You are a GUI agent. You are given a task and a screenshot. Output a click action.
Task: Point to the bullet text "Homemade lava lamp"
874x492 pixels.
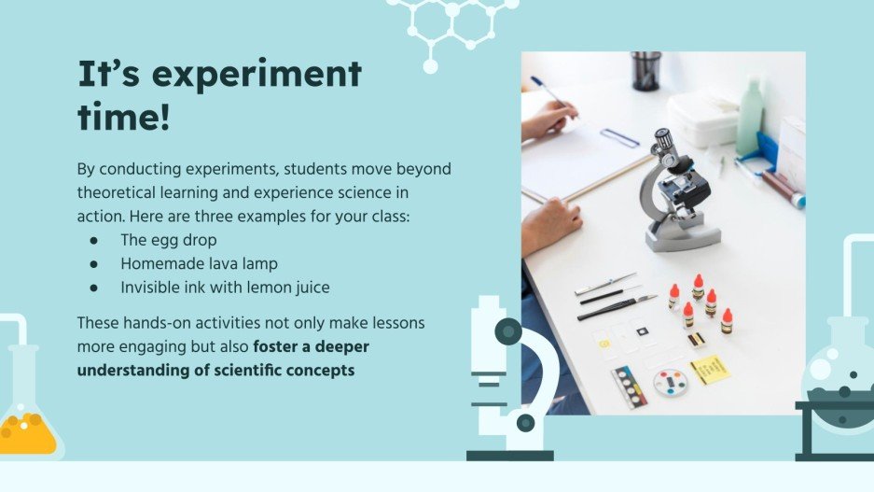click(199, 264)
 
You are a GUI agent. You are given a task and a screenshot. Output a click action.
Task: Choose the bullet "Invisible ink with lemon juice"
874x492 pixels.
click(225, 288)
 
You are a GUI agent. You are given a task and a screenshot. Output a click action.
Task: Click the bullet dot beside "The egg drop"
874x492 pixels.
click(93, 241)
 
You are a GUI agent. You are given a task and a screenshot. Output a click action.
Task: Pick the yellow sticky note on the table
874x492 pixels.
click(708, 368)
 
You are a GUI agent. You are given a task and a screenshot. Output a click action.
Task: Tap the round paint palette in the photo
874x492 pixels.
click(671, 382)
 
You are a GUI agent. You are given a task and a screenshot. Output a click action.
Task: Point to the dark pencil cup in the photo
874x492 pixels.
click(645, 71)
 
